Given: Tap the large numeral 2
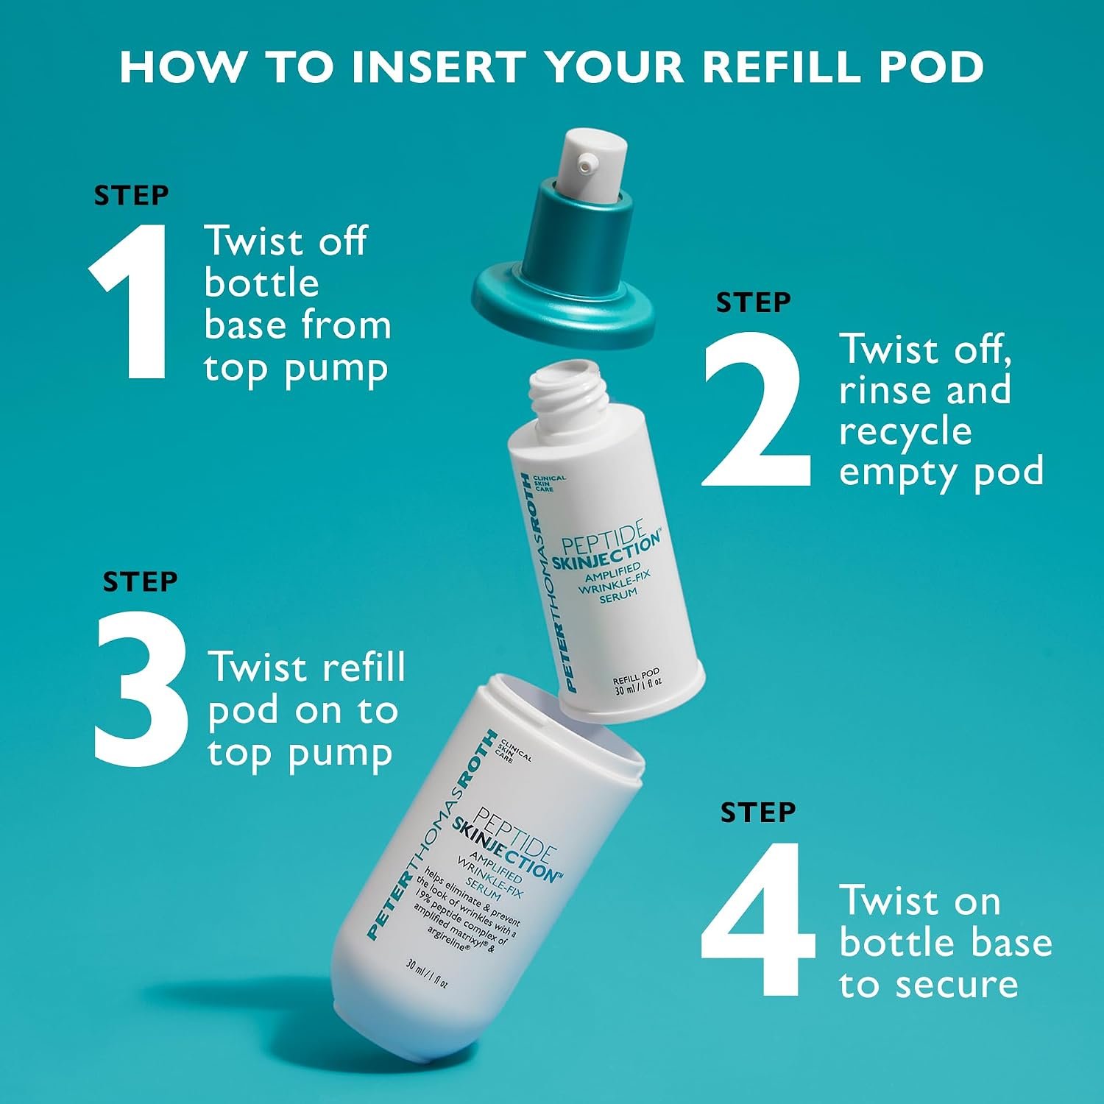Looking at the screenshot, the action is [x=756, y=409].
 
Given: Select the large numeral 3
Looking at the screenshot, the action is [x=141, y=687].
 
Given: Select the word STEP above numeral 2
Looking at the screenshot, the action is [x=754, y=302].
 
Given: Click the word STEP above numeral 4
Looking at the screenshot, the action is [x=758, y=813].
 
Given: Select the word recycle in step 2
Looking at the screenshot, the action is [x=905, y=431].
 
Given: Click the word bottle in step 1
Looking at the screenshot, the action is [x=262, y=283].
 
